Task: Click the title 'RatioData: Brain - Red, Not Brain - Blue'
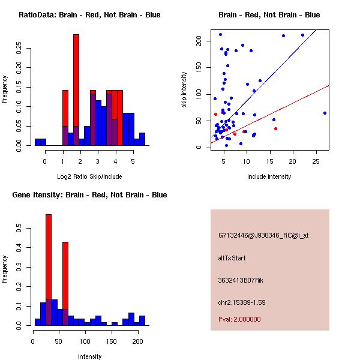89,15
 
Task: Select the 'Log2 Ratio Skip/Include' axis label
89,176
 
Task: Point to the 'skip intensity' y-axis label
184,90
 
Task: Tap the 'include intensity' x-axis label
269,176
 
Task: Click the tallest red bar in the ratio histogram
76,90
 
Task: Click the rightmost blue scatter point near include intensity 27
325,113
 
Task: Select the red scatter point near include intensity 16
275,128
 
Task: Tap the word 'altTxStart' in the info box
232,258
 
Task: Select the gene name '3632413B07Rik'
238,280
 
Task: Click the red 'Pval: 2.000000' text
240,319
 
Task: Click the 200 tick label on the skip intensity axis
199,41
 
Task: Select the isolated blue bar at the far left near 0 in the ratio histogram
40,142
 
